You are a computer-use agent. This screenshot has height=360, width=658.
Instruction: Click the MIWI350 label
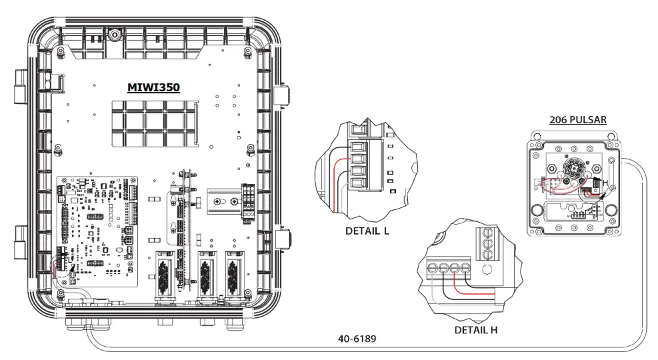coord(153,88)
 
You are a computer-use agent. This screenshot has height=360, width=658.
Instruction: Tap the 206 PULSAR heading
coord(577,121)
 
